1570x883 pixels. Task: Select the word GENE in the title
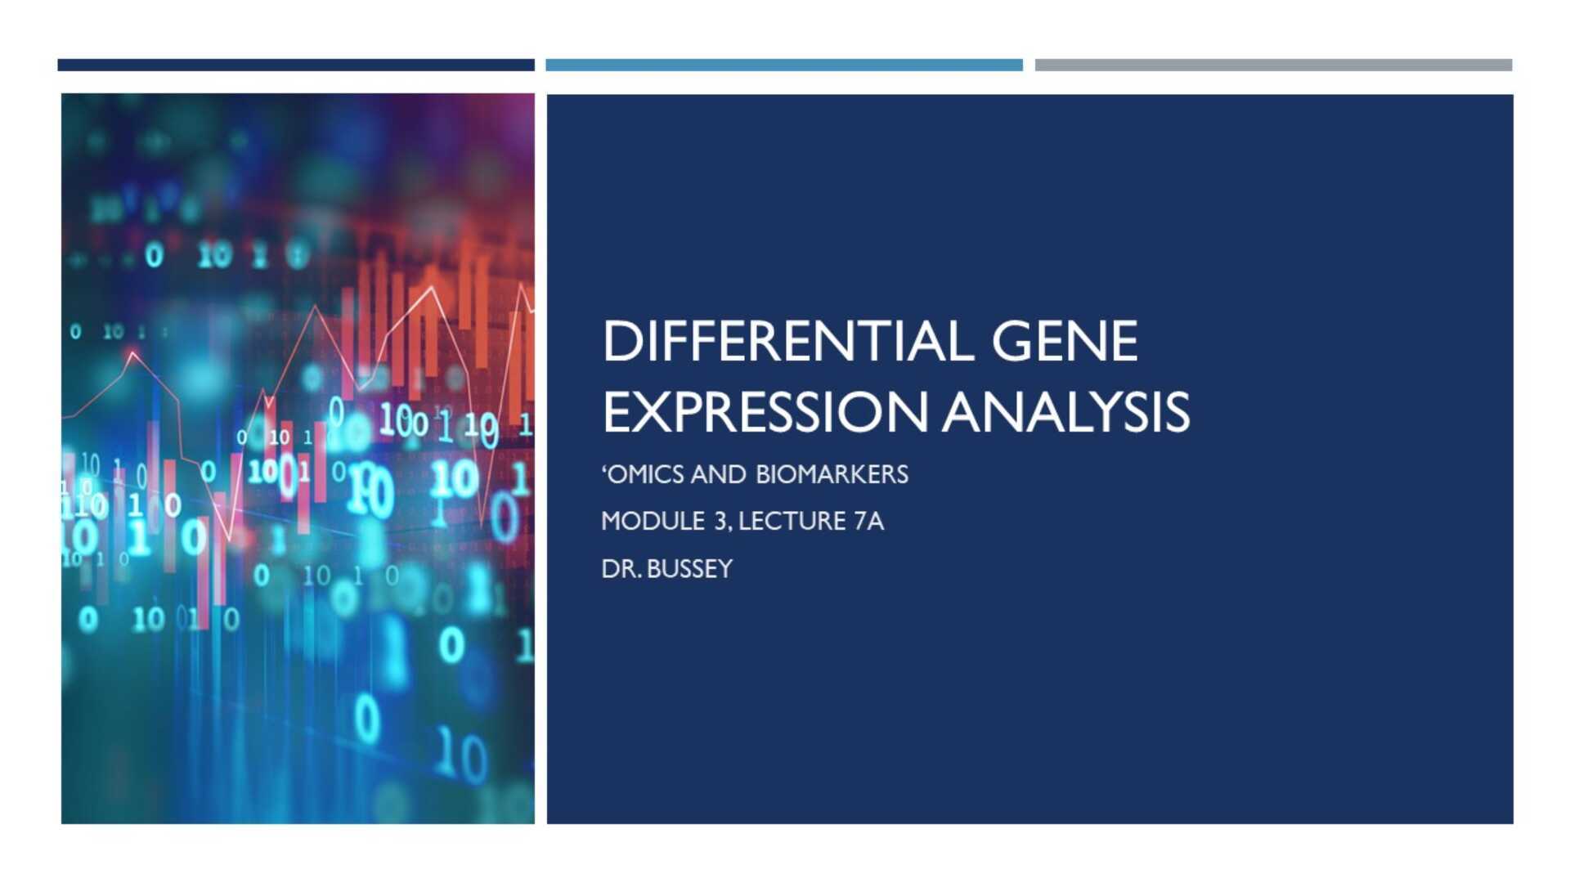[1065, 341]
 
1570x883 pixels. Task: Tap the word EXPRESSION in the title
[765, 411]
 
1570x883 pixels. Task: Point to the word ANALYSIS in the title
[1066, 411]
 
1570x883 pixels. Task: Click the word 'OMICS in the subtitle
[642, 474]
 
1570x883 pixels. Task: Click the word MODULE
[653, 521]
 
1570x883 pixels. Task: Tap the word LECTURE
[792, 521]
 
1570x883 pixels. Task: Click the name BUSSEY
[689, 568]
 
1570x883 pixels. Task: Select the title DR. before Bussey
[621, 568]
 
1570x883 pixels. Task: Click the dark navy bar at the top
[296, 65]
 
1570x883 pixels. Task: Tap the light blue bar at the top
[784, 65]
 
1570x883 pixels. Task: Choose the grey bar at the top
[1273, 65]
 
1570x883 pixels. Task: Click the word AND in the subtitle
[718, 474]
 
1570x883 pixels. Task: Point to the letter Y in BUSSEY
[724, 568]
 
